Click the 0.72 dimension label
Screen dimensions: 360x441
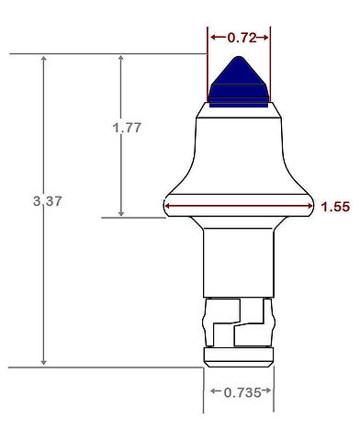coord(242,38)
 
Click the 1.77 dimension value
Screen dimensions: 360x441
coord(127,128)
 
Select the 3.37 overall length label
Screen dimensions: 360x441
coord(48,201)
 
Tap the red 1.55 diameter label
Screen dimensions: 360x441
coord(335,207)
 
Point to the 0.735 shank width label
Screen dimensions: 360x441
coord(242,392)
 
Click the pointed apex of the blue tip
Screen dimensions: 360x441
coord(239,57)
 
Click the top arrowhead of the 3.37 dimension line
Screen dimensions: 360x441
coord(44,59)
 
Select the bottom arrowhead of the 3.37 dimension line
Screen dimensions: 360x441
coord(44,362)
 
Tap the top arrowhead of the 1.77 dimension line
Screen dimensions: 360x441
coord(121,59)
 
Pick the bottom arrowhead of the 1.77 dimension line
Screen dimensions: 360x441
coord(121,212)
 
